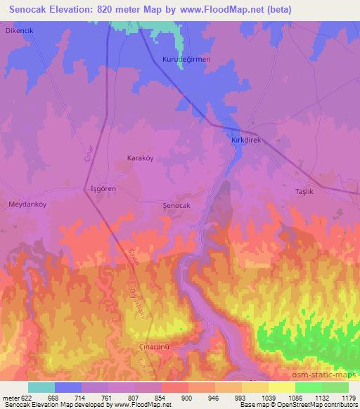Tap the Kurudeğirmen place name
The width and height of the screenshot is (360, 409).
tap(186, 60)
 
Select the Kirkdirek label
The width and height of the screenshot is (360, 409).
tap(246, 141)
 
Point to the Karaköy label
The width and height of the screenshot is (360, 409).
tap(139, 158)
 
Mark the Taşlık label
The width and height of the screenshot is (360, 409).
tap(303, 191)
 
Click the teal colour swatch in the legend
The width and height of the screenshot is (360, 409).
tap(41, 387)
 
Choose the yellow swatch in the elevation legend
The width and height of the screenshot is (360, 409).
tap(281, 387)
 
